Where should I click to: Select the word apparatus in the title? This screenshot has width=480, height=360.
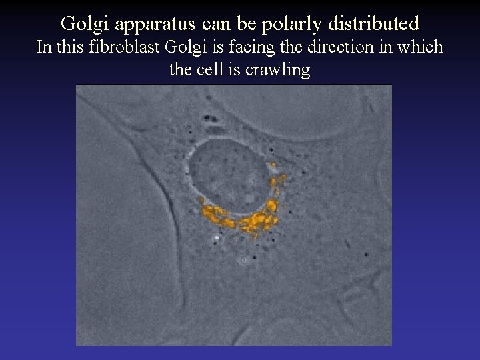click(x=153, y=24)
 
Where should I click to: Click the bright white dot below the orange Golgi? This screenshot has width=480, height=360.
click(x=216, y=236)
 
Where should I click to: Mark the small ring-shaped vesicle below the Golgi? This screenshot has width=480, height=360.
click(x=244, y=260)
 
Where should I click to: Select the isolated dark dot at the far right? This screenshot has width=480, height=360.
click(x=367, y=255)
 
